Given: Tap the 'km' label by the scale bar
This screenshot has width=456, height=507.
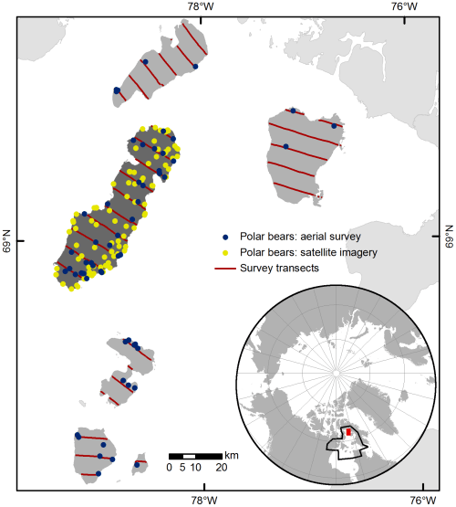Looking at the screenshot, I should pyautogui.click(x=233, y=455).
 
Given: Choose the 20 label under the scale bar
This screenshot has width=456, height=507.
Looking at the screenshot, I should pyautogui.click(x=222, y=468).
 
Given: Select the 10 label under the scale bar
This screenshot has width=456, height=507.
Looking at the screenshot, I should pyautogui.click(x=194, y=468).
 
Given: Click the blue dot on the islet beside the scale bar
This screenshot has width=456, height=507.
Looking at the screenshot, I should pyautogui.click(x=137, y=464).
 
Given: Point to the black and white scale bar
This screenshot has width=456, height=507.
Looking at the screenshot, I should pyautogui.click(x=195, y=455).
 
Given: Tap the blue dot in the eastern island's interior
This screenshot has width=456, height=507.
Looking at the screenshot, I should pyautogui.click(x=285, y=146).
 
